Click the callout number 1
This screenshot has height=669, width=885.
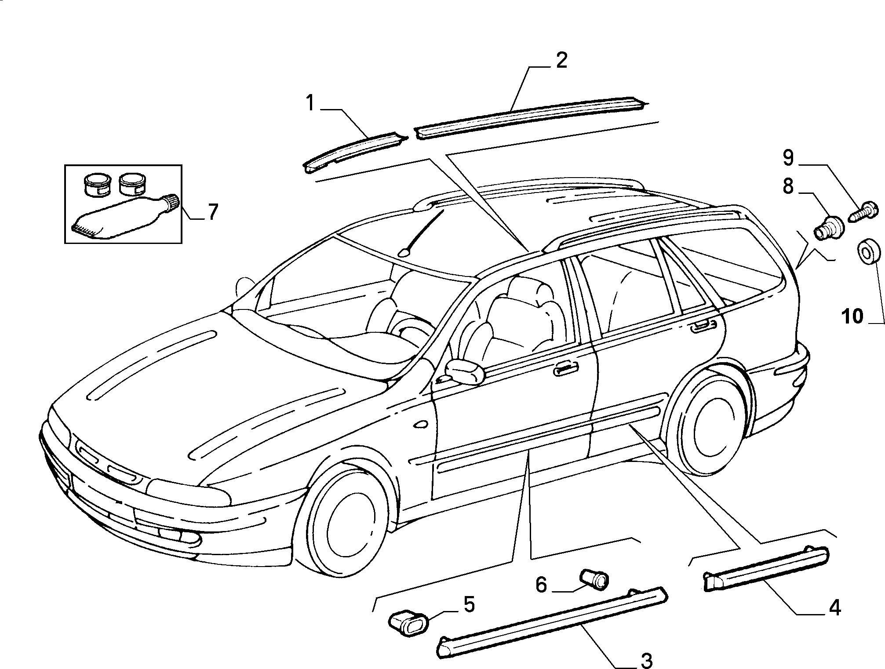tap(310, 103)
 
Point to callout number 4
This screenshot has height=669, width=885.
tap(834, 608)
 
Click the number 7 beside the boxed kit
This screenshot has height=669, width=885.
tap(469, 604)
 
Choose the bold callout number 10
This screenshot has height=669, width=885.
tap(541, 584)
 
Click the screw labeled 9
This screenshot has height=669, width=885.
tap(212, 212)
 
